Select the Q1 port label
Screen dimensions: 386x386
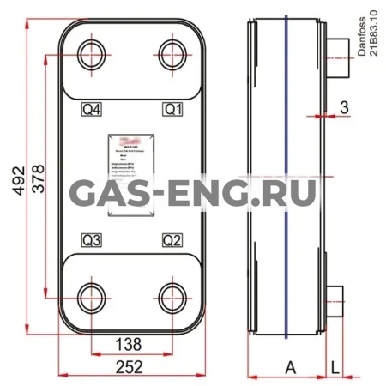point(174,109)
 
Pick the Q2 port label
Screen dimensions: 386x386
point(174,238)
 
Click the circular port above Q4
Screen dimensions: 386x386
point(91,57)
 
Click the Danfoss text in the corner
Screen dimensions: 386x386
point(360,34)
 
